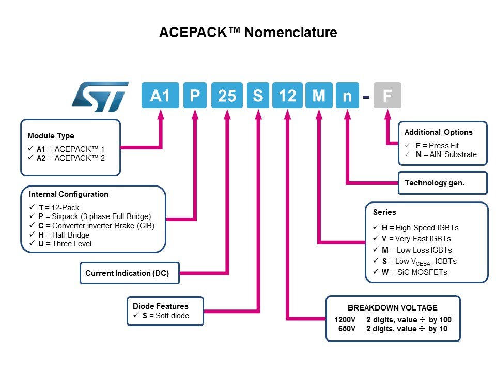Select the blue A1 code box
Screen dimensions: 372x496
point(160,96)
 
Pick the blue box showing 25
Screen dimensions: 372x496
point(227,96)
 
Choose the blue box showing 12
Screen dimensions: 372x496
point(287,96)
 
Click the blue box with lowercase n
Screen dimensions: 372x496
point(348,96)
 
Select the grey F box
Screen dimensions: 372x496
point(387,96)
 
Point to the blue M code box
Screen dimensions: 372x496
point(319,96)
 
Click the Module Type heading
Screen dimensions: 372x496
point(51,136)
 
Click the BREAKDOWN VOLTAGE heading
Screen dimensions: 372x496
point(392,307)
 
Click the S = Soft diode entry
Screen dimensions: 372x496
point(165,316)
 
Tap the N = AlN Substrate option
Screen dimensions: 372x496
point(446,154)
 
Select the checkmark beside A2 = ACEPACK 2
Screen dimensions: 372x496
point(32,158)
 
